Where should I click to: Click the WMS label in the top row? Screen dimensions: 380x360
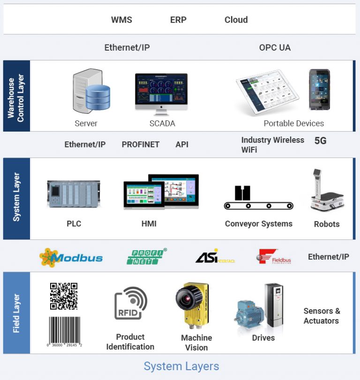pyautogui.click(x=121, y=20)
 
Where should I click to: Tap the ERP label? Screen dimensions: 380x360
pyautogui.click(x=178, y=20)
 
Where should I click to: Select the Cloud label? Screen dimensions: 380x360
pyautogui.click(x=236, y=20)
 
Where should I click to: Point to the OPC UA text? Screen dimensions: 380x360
pyautogui.click(x=275, y=47)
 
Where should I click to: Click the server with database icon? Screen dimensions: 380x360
pyautogui.click(x=91, y=91)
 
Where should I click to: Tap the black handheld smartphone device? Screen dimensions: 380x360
pyautogui.click(x=319, y=89)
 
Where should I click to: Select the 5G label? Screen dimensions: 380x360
pyautogui.click(x=320, y=140)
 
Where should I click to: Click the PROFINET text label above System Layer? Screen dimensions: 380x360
pyautogui.click(x=141, y=144)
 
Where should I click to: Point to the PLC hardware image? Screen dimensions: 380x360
pyautogui.click(x=74, y=194)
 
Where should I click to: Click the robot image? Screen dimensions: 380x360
pyautogui.click(x=327, y=192)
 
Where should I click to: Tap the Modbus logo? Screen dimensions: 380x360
pyautogui.click(x=71, y=257)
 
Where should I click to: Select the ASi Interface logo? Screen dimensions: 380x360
pyautogui.click(x=215, y=257)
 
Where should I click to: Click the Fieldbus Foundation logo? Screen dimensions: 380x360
pyautogui.click(x=274, y=257)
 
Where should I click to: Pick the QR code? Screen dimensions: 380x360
pyautogui.click(x=64, y=296)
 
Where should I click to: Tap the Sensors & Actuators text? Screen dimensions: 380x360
pyautogui.click(x=322, y=316)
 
